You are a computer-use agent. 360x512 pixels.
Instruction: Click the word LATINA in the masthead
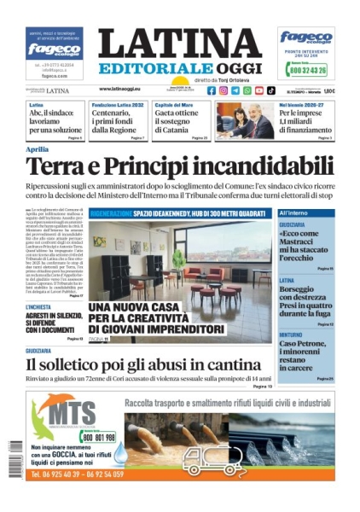179,44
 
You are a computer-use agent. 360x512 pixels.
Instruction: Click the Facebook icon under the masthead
212,90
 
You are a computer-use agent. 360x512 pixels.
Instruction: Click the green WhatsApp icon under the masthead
247,90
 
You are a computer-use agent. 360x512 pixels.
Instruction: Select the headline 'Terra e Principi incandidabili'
179,165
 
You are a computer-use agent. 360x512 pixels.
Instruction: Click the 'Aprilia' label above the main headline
38,149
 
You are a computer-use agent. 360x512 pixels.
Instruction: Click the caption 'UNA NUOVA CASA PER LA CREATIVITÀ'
145,317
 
